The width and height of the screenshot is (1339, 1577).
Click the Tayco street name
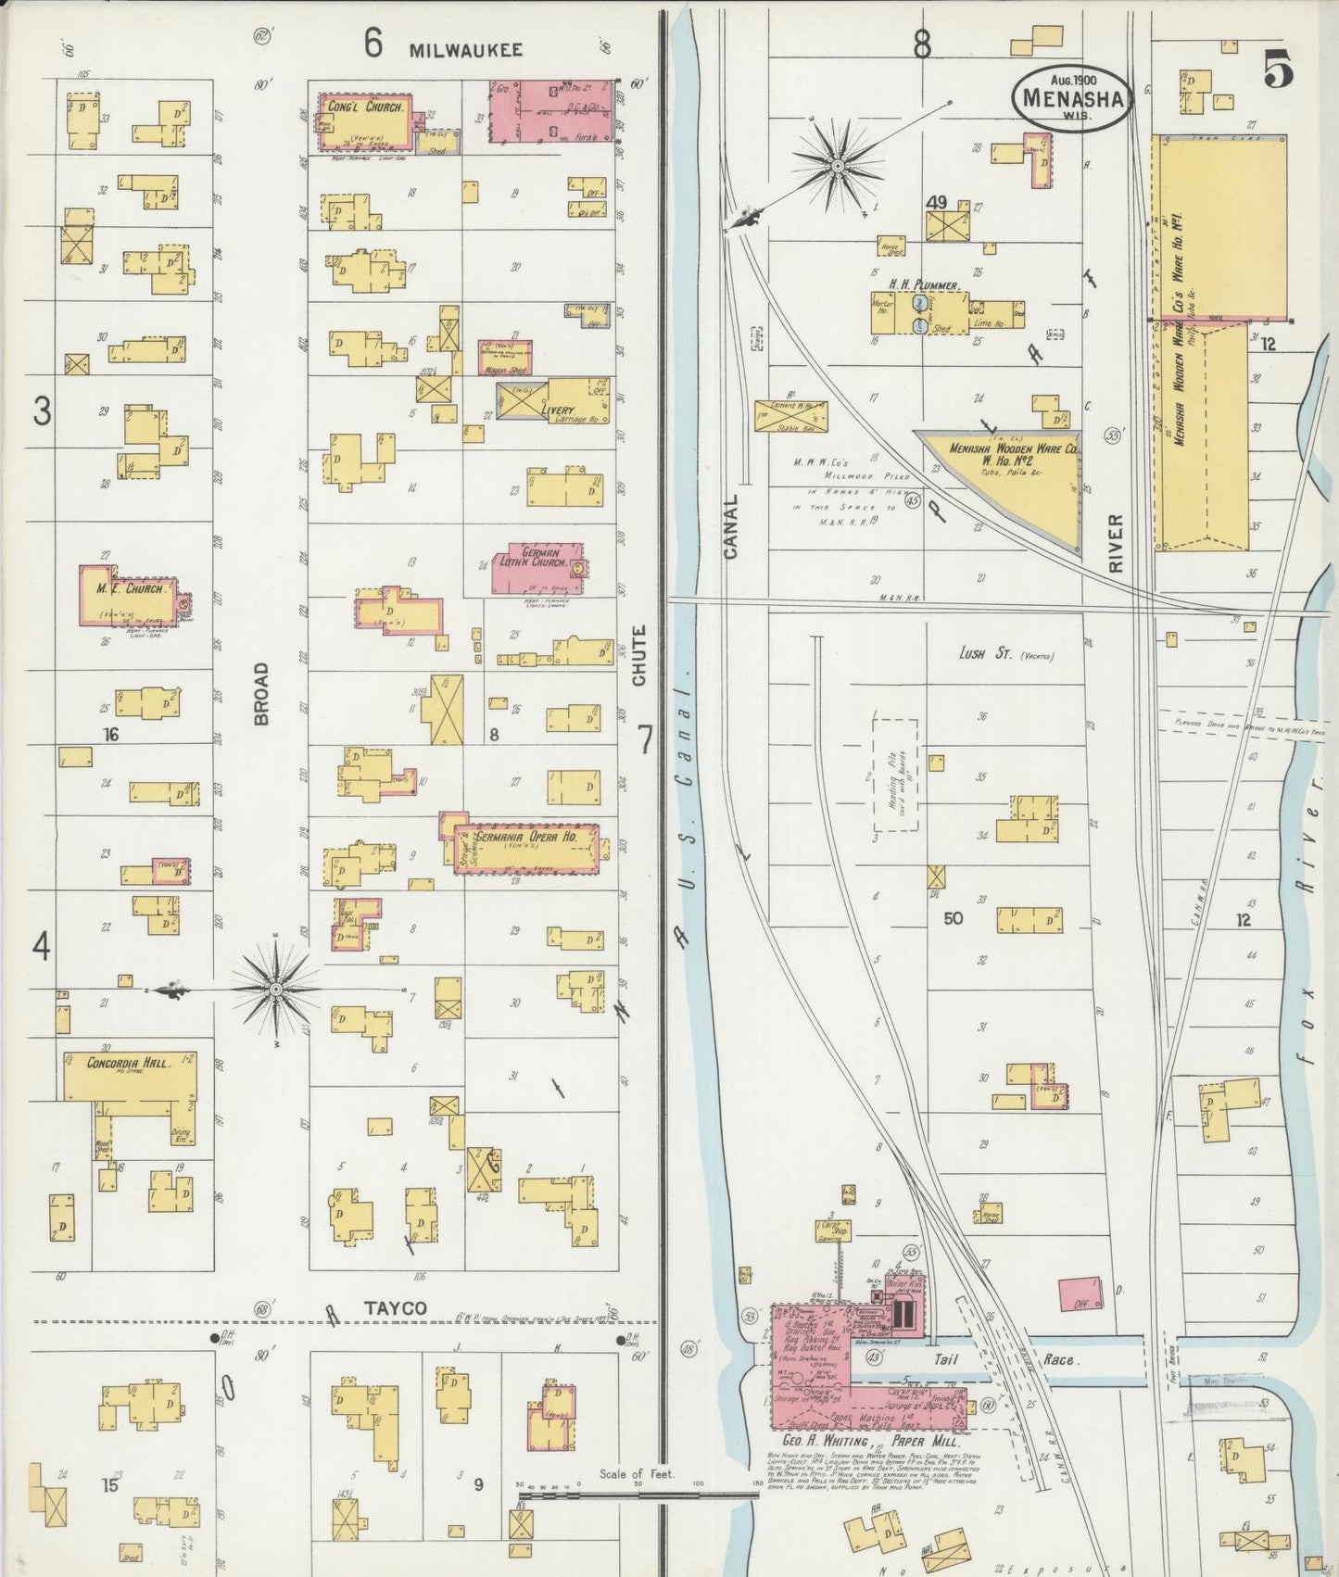coord(394,1308)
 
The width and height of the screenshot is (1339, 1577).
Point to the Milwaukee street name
coord(466,50)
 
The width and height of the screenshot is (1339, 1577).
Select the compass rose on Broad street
coord(275,990)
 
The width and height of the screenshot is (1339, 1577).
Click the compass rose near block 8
coord(837,166)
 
